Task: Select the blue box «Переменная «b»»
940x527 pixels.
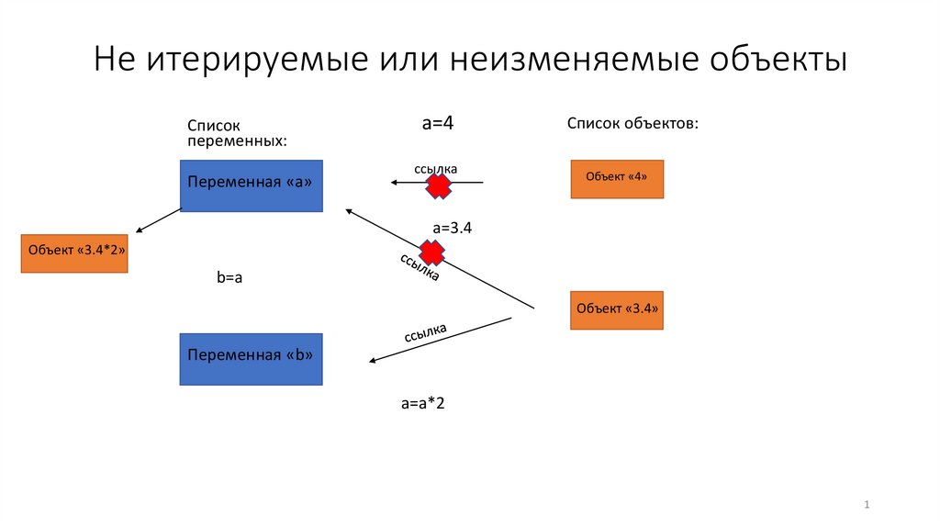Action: [251, 358]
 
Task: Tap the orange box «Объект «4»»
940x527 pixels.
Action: [616, 178]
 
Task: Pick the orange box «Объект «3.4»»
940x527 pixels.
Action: [616, 309]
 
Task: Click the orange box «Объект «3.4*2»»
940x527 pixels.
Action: [74, 253]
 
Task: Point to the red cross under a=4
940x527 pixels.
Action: [439, 186]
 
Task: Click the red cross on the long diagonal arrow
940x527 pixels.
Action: [431, 252]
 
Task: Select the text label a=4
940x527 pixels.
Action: [438, 122]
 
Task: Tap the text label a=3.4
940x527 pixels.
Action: [452, 228]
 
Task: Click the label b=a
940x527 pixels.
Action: [229, 276]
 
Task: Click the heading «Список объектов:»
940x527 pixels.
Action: [632, 123]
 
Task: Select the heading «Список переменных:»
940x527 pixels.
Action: [237, 133]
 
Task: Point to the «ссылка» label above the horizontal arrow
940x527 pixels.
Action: [435, 169]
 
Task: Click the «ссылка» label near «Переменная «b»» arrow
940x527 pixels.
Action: [426, 332]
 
